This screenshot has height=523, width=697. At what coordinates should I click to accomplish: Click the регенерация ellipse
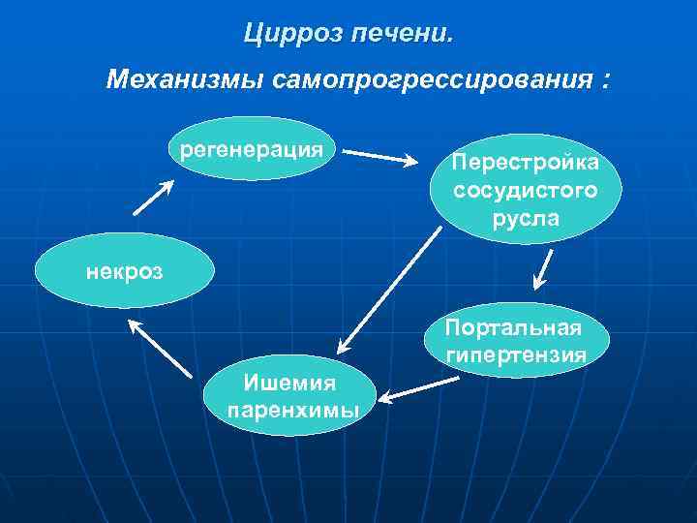(251, 149)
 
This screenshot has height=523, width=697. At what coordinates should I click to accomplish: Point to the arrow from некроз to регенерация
(151, 198)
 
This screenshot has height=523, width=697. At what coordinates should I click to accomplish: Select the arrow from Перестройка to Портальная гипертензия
(544, 270)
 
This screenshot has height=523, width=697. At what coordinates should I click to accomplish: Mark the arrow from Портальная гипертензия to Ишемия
(419, 387)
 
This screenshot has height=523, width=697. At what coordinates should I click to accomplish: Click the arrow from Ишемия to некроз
(161, 347)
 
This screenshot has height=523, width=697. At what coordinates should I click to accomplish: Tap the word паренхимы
(292, 411)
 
